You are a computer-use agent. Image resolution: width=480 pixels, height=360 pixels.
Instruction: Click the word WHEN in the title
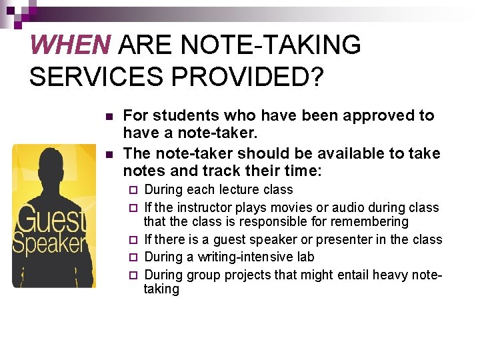pyautogui.click(x=70, y=45)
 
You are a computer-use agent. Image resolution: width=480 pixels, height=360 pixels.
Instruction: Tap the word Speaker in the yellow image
pyautogui.click(x=51, y=242)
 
